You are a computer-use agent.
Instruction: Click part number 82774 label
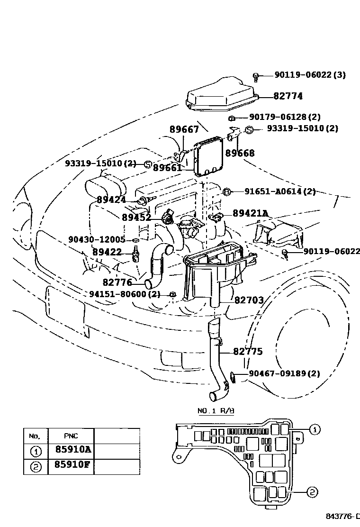(x=288, y=96)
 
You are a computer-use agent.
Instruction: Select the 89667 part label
(x=184, y=130)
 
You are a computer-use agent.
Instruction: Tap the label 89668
(x=240, y=153)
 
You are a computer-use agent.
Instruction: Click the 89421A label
(x=250, y=214)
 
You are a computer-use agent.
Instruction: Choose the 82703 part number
(x=249, y=300)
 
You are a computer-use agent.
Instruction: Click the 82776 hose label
(x=117, y=282)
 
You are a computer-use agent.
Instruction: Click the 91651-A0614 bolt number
(x=274, y=191)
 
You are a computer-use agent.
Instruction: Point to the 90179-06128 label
(x=279, y=117)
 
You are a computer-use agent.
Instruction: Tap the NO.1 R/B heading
(x=216, y=411)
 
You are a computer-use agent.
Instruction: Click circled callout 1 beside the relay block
(x=315, y=429)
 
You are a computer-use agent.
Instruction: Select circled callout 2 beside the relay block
(x=312, y=493)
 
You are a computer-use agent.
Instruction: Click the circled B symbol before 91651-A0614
(x=227, y=191)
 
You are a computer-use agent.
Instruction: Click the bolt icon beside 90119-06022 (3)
(x=256, y=76)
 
